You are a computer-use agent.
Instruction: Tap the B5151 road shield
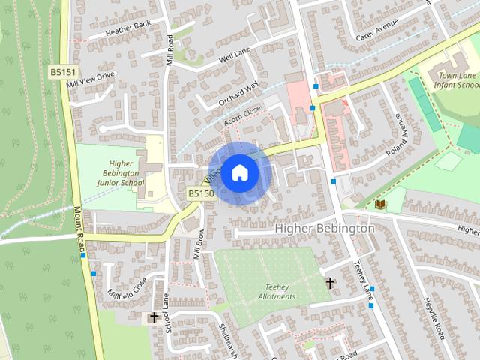pos(63,72)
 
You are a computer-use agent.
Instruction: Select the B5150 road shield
pos(201,193)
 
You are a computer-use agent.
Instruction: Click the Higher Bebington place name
pos(325,228)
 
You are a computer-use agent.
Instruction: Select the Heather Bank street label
pos(128,32)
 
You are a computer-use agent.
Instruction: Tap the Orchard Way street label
pos(238,93)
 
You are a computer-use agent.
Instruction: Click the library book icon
pos(380,204)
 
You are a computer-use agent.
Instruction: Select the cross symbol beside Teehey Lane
pos(330,283)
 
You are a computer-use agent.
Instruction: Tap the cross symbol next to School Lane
pos(154,318)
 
